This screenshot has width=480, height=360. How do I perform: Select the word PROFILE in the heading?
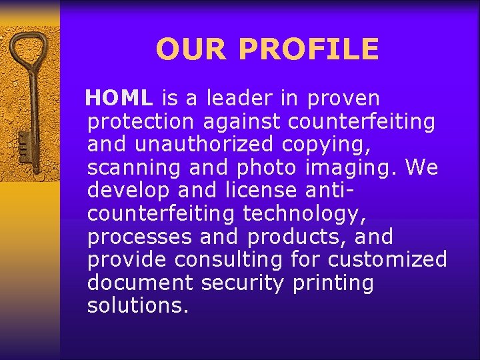308,49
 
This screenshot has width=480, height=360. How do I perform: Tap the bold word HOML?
119,99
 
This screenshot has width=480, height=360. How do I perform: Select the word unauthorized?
204,145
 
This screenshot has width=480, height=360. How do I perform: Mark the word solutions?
138,306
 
